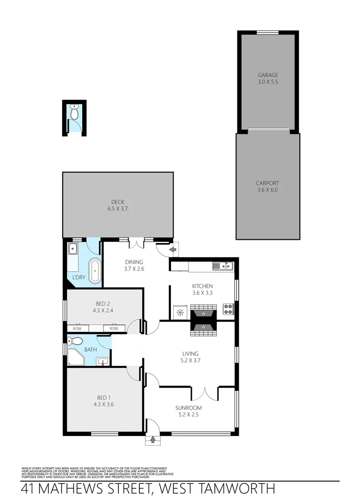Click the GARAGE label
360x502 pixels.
(268, 75)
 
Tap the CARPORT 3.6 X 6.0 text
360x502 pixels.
(267, 186)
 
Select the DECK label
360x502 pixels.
(117, 202)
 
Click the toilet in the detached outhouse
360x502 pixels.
(74, 112)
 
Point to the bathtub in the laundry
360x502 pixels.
(95, 271)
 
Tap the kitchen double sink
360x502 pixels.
(223, 266)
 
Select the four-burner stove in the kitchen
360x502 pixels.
(228, 309)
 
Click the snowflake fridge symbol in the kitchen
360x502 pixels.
(179, 313)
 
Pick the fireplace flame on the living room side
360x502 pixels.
(203, 328)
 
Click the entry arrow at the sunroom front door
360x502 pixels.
(153, 439)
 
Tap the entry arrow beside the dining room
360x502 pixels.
(173, 251)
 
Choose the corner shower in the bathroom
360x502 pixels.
(75, 357)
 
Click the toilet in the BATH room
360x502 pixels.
(72, 342)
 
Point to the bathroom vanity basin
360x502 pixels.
(103, 360)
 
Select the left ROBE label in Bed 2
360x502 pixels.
(77, 329)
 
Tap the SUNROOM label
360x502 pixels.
(188, 411)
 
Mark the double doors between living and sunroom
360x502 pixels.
(205, 393)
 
